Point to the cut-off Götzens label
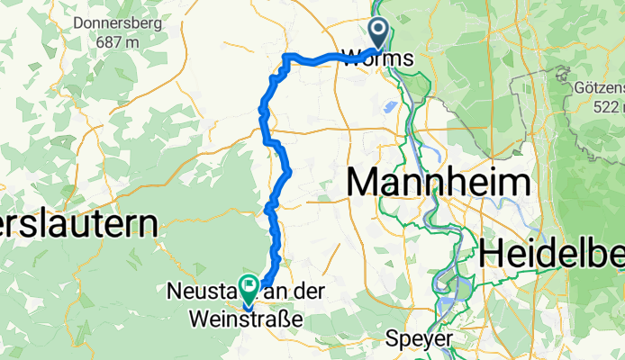[598, 90]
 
